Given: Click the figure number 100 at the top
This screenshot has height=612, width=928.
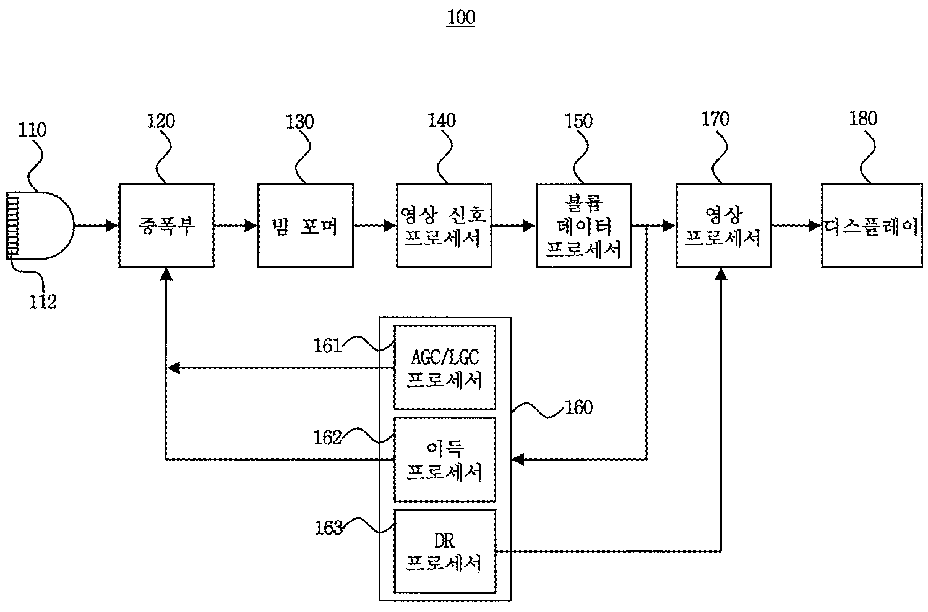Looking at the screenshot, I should tap(461, 17).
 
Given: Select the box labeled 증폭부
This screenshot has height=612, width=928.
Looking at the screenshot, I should tap(166, 226).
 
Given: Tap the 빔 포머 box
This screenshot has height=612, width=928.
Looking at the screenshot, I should tap(306, 226).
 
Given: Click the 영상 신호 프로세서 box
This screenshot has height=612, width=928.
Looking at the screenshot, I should tap(444, 226).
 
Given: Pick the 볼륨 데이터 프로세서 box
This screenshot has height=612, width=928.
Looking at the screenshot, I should tap(584, 226).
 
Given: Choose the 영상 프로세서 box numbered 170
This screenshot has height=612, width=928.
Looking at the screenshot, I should tap(724, 226).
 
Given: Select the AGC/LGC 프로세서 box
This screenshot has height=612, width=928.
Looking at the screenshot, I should tap(445, 367).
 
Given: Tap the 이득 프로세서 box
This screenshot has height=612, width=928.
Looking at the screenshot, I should tap(445, 459).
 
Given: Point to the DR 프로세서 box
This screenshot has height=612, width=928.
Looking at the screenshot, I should tap(445, 551).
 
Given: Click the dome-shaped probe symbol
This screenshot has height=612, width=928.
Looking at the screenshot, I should tap(43, 225).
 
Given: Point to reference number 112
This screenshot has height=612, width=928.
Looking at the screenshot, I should tap(43, 302).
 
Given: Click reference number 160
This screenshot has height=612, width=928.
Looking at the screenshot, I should tap(579, 407).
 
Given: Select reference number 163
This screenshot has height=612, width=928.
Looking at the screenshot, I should tap(329, 528).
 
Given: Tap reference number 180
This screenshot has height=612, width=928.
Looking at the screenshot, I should tap(864, 119).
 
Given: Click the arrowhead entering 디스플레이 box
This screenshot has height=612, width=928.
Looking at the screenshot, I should tap(815, 226).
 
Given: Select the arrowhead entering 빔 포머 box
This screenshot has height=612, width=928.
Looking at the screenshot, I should tap(251, 226).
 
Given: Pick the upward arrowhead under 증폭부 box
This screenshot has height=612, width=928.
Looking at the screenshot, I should tap(166, 274).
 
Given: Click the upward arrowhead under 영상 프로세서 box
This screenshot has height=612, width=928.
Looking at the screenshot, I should tap(721, 274).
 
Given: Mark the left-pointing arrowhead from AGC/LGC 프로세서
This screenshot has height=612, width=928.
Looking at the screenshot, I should tap(174, 368).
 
